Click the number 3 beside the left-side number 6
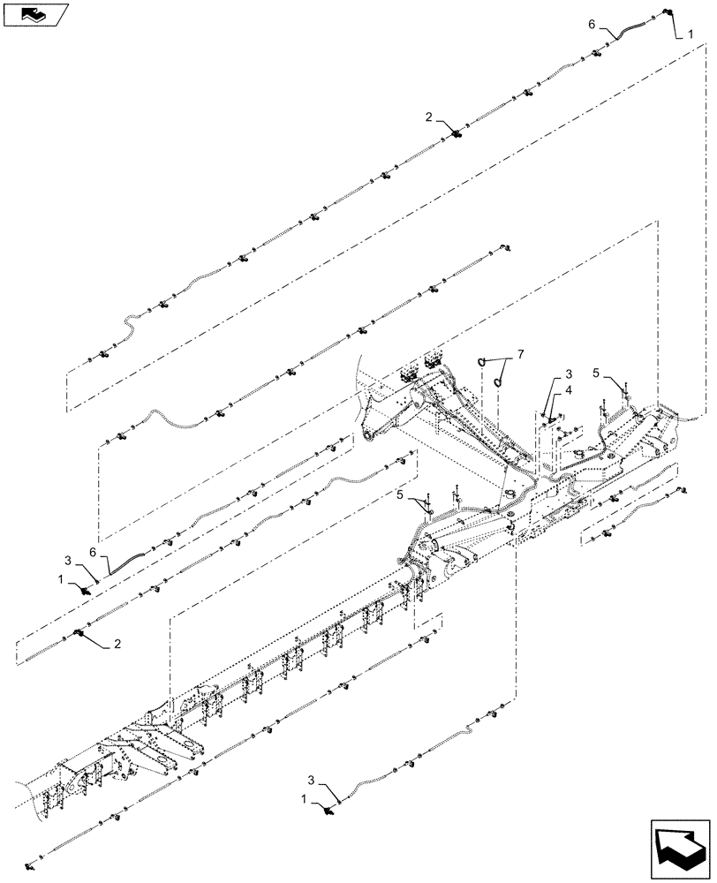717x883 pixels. [67, 561]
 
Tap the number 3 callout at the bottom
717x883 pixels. [312, 780]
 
